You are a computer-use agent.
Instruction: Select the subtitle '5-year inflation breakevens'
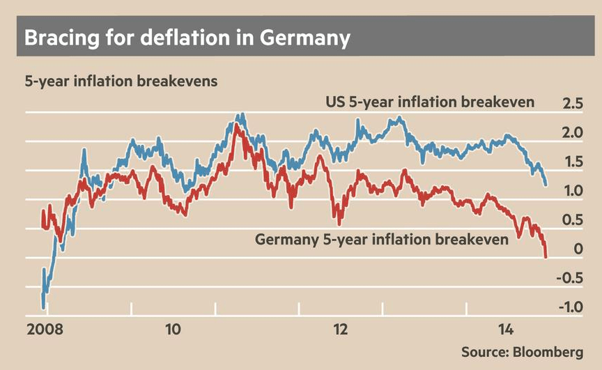tap(121, 81)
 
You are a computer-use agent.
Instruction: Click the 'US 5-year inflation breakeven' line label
tap(431, 102)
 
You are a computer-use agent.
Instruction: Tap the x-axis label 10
tap(173, 328)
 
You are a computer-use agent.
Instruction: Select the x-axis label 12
tap(341, 328)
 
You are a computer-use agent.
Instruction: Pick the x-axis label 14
tap(507, 328)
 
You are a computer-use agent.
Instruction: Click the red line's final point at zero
tap(546, 256)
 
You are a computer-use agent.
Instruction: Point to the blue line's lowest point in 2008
tap(44, 307)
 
